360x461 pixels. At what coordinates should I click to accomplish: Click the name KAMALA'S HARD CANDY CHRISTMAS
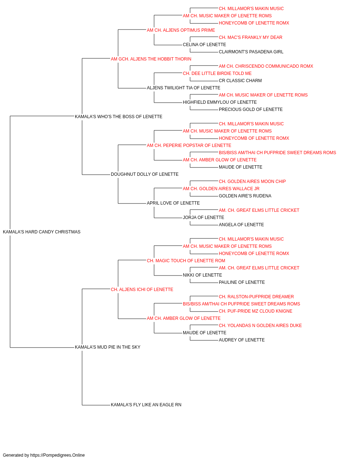point(41,232)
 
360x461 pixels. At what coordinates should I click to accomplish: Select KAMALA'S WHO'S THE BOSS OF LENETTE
point(118,117)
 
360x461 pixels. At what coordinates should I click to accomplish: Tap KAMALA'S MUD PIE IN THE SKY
point(108,347)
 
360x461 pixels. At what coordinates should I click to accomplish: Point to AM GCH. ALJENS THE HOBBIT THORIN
point(151,59)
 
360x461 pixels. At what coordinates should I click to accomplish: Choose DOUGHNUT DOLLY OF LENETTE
point(145,174)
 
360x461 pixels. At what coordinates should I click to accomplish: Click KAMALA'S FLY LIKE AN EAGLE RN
point(146,405)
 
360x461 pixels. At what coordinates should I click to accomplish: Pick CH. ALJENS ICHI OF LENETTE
point(142,290)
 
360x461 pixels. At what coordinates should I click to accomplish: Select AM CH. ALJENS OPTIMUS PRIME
point(181,30)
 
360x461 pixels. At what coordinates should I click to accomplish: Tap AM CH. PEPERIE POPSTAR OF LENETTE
point(189,146)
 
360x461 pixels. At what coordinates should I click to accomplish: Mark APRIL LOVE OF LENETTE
point(173,203)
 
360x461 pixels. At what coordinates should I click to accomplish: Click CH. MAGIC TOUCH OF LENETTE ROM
point(186,261)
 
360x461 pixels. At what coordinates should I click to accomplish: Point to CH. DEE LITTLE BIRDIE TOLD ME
point(217,73)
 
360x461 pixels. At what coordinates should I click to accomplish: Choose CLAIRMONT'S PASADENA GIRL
point(251,52)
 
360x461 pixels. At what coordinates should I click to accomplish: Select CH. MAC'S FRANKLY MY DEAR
point(251,37)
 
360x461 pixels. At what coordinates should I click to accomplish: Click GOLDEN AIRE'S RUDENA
point(245,196)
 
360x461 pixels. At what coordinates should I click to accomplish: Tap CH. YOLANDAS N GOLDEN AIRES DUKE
point(260,326)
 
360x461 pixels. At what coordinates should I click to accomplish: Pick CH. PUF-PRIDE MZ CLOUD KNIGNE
point(256,311)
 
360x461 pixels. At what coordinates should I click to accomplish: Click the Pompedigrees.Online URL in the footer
point(58,455)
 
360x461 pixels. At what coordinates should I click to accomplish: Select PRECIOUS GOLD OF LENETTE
point(251,109)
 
